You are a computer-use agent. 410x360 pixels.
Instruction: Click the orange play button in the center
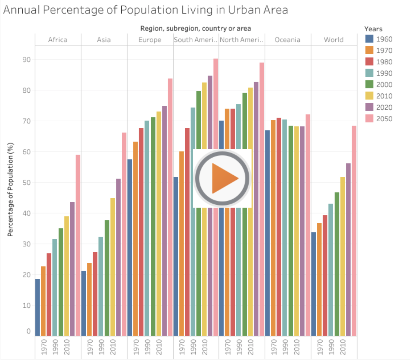[x=222, y=178]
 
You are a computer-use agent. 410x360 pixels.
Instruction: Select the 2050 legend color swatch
[x=369, y=118]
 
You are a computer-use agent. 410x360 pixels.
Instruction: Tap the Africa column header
[x=57, y=40]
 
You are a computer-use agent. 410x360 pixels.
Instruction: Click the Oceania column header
[x=287, y=40]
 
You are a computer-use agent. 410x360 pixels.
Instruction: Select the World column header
[x=334, y=40]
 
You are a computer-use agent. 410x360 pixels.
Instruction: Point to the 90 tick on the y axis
[x=27, y=60]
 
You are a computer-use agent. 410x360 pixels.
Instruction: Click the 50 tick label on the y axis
[x=27, y=183]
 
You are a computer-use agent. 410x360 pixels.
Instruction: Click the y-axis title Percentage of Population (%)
[x=10, y=189]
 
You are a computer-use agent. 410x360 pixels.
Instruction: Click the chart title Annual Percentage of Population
[x=145, y=10]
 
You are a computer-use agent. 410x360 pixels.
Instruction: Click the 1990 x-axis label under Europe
[x=148, y=347]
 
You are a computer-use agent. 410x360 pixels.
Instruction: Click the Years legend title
[x=373, y=29]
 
